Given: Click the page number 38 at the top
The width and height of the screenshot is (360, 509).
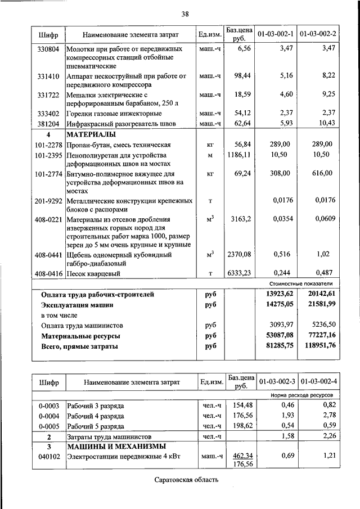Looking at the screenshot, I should pos(185,13).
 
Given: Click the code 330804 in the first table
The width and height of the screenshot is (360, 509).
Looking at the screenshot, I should pos(48,49).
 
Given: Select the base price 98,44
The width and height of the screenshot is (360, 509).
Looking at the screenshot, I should pos(241,75).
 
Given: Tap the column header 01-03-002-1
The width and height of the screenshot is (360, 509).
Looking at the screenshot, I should pos(276,34).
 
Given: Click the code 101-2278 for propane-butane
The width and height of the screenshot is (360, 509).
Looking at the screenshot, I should pos(48,144).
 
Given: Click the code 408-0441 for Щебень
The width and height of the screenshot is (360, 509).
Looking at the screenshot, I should pos(48,255).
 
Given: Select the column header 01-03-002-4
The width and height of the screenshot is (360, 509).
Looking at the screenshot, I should pos(319,382).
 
